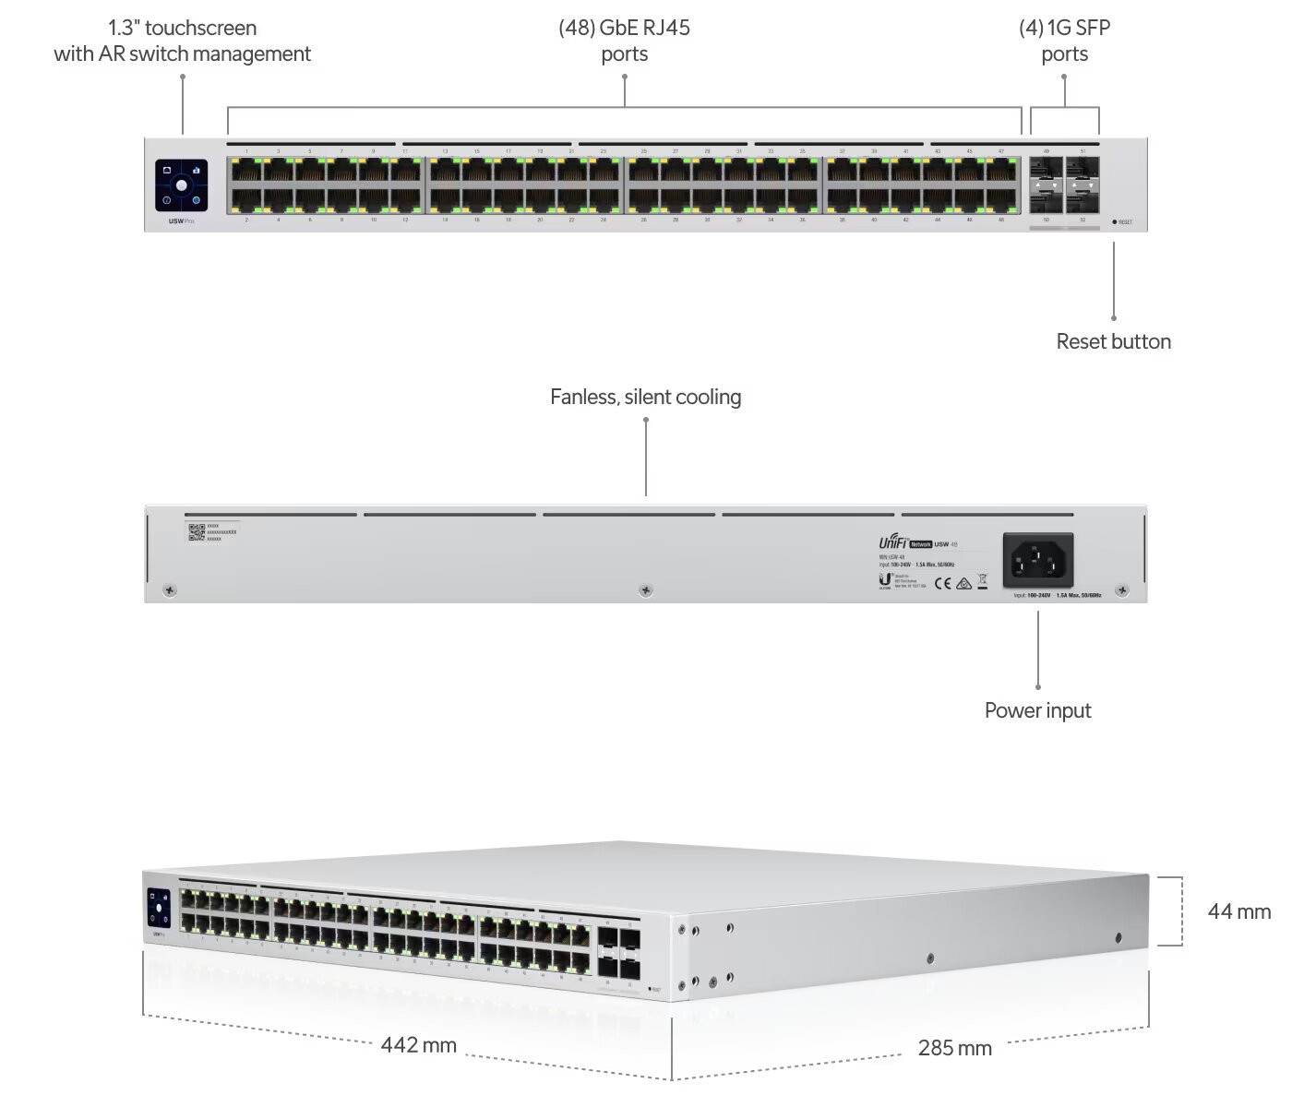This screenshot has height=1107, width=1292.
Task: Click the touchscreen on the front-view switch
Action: coord(182,185)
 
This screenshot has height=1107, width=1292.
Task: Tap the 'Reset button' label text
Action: coord(1113,341)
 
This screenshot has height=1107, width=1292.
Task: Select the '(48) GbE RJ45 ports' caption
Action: coord(625,41)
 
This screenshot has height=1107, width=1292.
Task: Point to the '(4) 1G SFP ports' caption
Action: coord(1064,41)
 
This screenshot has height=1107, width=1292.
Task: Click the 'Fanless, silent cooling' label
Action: coord(645,397)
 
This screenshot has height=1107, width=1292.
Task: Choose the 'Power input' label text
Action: coord(1037,710)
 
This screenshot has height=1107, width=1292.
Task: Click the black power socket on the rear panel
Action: coord(1038,559)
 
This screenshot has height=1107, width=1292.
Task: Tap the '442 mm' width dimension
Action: coord(419,1045)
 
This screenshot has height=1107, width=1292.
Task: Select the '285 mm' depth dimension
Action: coord(954,1048)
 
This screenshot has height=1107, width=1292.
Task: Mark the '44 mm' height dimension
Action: coord(1238,911)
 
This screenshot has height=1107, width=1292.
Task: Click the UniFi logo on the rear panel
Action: coord(892,543)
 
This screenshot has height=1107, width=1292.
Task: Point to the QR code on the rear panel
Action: coord(197,532)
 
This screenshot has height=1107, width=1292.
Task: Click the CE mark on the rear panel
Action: coord(943,583)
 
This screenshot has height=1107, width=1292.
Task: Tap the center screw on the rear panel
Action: coord(646,590)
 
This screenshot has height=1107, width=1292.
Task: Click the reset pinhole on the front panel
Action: coord(1115,222)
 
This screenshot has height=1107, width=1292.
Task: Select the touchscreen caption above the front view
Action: coord(182,41)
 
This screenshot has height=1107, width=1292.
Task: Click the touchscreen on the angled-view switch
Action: coord(159,908)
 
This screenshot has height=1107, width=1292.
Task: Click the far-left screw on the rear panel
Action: coord(169,590)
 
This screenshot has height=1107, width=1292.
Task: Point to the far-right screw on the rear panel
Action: coord(1122,590)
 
